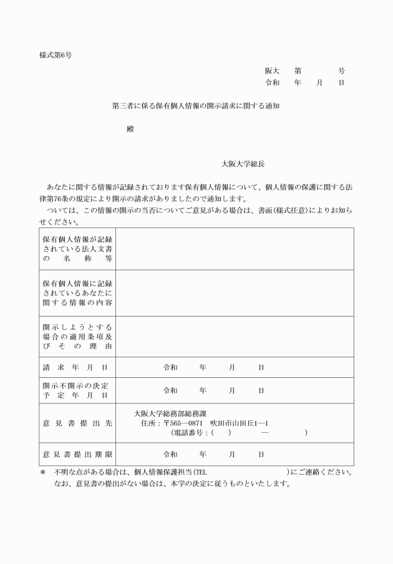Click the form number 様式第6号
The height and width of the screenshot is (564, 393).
56,55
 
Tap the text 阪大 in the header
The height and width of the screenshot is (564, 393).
272,71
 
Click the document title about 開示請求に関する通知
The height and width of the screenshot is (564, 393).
195,106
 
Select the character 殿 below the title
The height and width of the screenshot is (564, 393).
130,129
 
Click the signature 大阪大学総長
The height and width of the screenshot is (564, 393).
243,164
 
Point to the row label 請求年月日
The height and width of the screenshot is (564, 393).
75,368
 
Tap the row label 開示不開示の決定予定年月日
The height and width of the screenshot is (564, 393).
75,390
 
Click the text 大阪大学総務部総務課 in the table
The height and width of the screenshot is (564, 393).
170,413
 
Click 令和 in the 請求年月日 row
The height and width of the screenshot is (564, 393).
170,368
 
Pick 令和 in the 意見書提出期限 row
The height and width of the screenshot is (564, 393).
170,454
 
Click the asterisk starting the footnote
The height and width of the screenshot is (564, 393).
42,473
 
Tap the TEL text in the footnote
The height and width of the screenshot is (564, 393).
200,473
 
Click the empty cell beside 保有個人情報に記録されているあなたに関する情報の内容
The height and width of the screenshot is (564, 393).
235,292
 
